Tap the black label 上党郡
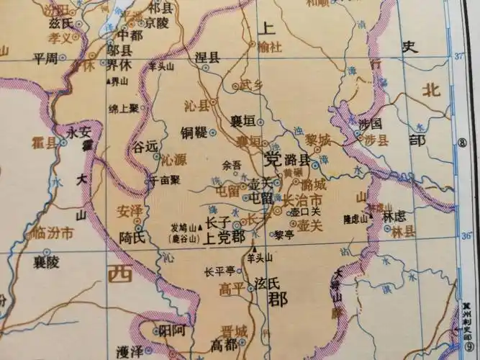[225, 237]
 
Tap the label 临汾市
[53, 233]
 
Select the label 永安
[78, 132]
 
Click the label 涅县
[207, 57]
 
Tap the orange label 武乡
[252, 85]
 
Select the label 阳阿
[171, 332]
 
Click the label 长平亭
[219, 272]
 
